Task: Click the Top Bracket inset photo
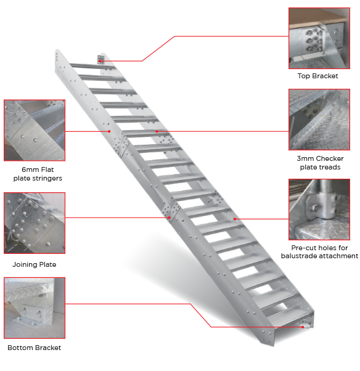coord(319,38)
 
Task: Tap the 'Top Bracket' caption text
coord(317,76)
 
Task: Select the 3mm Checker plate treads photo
coord(319,120)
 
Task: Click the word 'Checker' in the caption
coord(330,158)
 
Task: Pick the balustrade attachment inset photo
coord(319,210)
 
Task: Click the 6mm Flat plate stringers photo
coord(35,130)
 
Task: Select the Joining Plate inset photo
coord(35,223)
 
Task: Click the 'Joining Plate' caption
coord(35,264)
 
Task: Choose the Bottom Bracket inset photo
coord(35,308)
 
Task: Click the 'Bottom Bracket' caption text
coord(35,348)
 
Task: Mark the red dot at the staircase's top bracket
coord(100,61)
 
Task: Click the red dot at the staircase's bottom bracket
coord(303,327)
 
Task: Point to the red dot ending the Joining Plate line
coord(170,218)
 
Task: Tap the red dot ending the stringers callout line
coord(109,131)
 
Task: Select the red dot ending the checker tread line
coord(157,131)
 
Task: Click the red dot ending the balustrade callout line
coord(235,219)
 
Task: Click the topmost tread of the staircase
coord(92,66)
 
